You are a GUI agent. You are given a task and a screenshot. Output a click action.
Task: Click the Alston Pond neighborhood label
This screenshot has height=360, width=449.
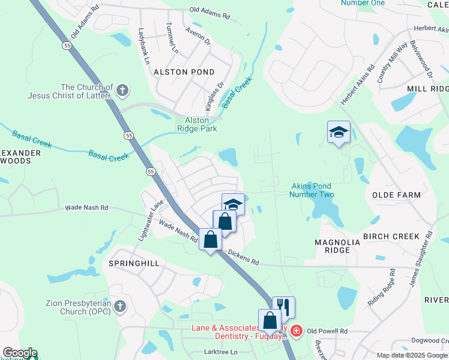(184, 72)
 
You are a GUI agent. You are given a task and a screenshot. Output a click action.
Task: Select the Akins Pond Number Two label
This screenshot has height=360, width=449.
(312, 190)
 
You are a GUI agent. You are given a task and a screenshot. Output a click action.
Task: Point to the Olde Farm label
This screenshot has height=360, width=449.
(396, 196)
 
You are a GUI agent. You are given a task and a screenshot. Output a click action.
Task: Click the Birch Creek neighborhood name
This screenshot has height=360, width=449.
(392, 236)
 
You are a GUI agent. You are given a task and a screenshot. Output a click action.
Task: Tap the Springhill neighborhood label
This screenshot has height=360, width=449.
(134, 263)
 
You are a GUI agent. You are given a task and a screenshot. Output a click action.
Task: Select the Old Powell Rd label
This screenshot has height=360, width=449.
(327, 331)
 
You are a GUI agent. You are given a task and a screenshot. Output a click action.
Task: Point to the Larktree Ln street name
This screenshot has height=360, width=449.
(221, 352)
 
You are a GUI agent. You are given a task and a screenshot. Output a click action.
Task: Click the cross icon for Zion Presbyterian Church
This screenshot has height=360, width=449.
(120, 307)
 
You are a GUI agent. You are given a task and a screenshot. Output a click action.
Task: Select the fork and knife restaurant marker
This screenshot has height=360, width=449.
(284, 308)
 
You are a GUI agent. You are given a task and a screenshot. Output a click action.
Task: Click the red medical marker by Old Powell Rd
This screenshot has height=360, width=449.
(297, 331)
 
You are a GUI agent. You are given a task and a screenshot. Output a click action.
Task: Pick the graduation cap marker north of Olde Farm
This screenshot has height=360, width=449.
(339, 132)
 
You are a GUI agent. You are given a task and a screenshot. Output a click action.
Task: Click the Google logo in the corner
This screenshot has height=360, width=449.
(20, 353)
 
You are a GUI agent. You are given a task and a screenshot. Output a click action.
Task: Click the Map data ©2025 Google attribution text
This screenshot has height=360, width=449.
(411, 355)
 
